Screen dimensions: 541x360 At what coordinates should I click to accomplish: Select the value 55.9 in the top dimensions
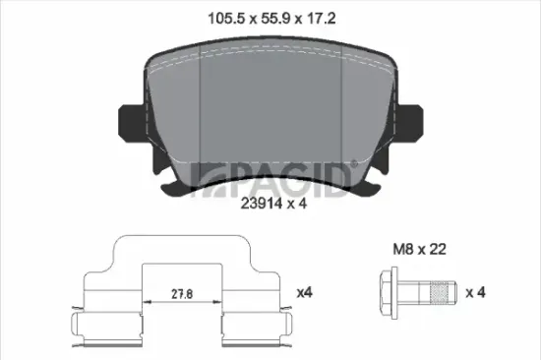coord(275,19)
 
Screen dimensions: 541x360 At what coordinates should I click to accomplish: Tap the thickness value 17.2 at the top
coord(322,19)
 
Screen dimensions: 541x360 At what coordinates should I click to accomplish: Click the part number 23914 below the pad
coord(262,204)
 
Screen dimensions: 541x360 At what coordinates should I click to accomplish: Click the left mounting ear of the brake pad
coord(132,122)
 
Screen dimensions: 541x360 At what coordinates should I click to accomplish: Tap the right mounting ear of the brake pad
coord(410,122)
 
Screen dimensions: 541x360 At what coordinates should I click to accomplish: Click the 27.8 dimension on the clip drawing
coord(182,294)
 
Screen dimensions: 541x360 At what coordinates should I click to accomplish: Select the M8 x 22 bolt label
coord(420,249)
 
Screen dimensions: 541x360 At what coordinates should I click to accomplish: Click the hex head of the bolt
coord(389,293)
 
